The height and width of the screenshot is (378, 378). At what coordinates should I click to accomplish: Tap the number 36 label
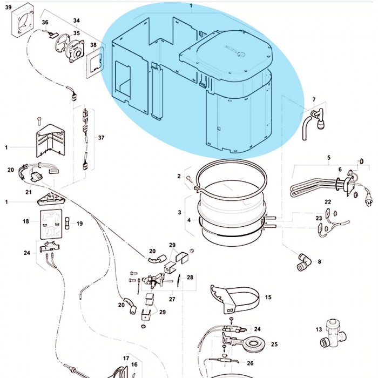pyautogui.click(x=45, y=22)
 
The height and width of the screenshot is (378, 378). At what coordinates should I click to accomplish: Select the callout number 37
pyautogui.click(x=101, y=138)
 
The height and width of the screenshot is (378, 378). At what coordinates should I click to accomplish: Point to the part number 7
pyautogui.click(x=314, y=100)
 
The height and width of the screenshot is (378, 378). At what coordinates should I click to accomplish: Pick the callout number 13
pyautogui.click(x=319, y=329)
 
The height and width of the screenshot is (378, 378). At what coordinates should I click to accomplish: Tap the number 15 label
pyautogui.click(x=268, y=297)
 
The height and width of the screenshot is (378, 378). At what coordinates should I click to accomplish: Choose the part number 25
pyautogui.click(x=274, y=344)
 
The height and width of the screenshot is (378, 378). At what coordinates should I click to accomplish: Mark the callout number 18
pyautogui.click(x=25, y=221)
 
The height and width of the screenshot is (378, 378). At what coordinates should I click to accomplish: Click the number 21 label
pyautogui.click(x=29, y=192)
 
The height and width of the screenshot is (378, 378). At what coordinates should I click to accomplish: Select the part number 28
pyautogui.click(x=190, y=277)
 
